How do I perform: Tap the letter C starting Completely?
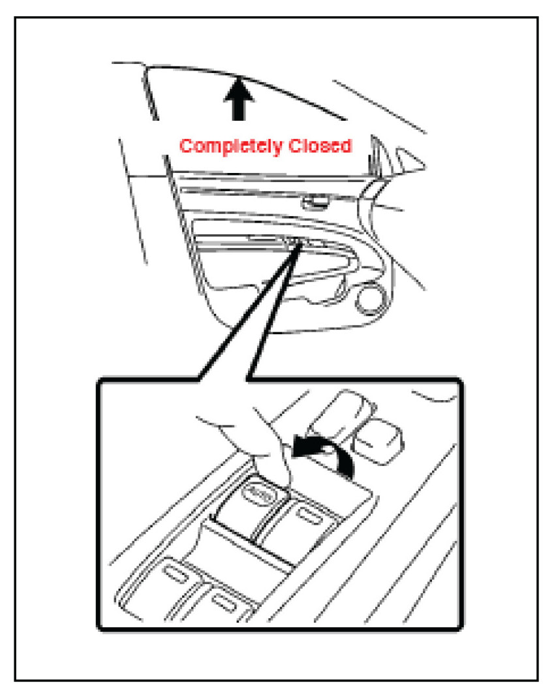click(x=186, y=146)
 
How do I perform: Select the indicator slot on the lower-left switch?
click(x=175, y=574)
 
